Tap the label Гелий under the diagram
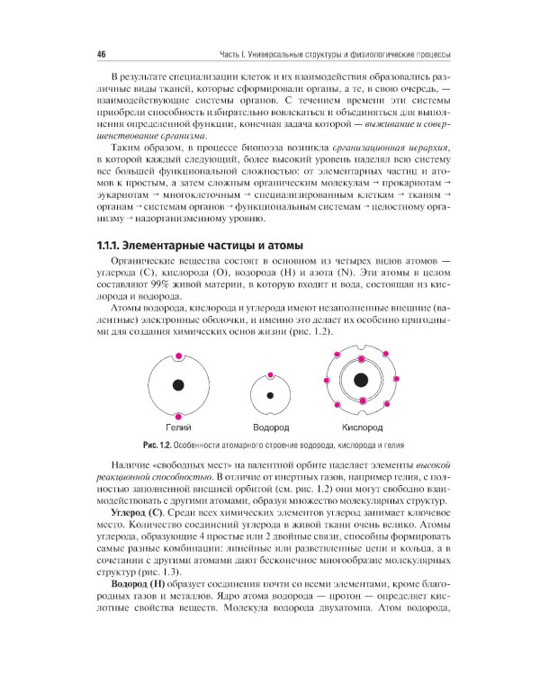177,427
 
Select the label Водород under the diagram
270,427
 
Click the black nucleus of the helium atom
177,386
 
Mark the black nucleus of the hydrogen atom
269,394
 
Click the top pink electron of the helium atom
177,356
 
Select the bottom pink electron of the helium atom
177,416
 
